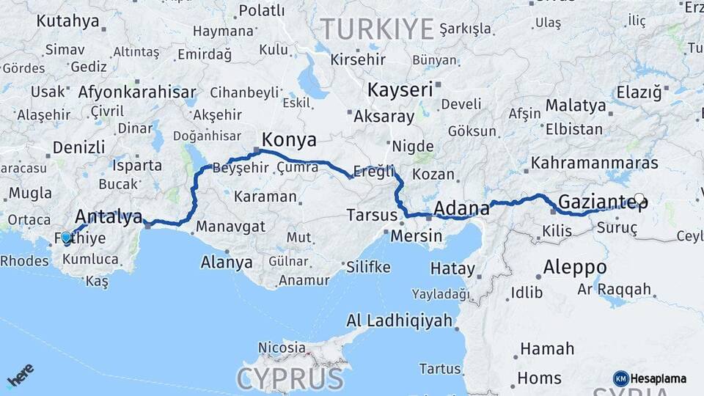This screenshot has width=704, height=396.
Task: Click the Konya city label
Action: (x=289, y=139)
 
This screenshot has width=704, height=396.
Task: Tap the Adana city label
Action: (x=461, y=210)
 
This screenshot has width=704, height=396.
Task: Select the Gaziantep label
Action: (x=598, y=202)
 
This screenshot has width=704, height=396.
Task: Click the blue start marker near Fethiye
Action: (x=66, y=238)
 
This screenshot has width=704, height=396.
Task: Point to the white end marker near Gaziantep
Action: (x=639, y=199)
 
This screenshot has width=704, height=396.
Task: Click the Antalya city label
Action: (x=109, y=217)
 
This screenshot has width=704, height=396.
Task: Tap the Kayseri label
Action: (x=400, y=91)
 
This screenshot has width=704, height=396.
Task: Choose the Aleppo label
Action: (x=575, y=267)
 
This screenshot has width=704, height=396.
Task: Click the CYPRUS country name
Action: (x=290, y=379)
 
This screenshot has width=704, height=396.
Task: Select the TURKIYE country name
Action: (x=377, y=29)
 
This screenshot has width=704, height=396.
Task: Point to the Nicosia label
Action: (x=282, y=348)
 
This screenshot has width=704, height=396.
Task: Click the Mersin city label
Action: (x=416, y=237)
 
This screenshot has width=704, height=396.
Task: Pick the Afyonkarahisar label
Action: (x=136, y=92)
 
